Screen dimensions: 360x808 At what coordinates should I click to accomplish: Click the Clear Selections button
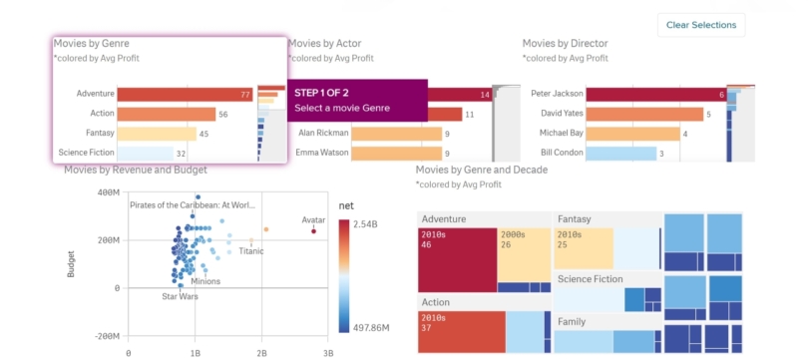tap(700, 25)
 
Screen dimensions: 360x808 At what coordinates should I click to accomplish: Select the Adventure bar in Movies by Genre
tap(185, 95)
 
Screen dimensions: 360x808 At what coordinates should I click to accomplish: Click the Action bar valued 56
tap(167, 115)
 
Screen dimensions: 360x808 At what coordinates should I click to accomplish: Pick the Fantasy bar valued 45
tap(157, 134)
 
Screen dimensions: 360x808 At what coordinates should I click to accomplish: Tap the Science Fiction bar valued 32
tap(152, 154)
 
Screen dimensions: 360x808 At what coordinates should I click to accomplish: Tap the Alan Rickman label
tap(320, 134)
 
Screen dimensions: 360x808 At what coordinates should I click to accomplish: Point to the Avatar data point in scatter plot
tap(313, 231)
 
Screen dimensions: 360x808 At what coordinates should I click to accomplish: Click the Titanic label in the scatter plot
tap(251, 251)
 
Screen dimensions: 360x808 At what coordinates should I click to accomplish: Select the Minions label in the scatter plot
tap(205, 281)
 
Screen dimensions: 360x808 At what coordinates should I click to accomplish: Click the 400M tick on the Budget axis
tap(107, 192)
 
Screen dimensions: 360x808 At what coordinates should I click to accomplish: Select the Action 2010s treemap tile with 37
tap(461, 331)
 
